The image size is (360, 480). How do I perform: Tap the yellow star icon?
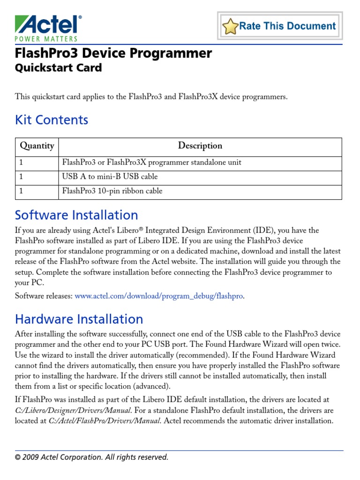(x=230, y=27)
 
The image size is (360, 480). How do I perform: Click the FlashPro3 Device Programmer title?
(x=113, y=53)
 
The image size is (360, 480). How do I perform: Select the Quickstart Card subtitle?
(x=58, y=68)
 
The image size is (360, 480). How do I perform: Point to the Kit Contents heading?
(x=52, y=120)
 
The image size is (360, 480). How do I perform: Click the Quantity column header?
(x=37, y=146)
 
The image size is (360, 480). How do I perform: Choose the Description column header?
(x=200, y=146)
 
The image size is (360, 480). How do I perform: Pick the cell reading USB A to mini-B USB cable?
(x=110, y=177)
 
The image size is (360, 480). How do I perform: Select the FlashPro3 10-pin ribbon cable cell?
(x=112, y=191)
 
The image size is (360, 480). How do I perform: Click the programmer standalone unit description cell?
(x=152, y=163)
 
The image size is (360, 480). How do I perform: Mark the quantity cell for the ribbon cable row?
(x=37, y=191)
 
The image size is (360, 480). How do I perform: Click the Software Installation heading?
(x=76, y=215)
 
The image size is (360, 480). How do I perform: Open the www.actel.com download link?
(x=159, y=296)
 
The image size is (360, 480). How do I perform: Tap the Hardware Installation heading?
(x=79, y=319)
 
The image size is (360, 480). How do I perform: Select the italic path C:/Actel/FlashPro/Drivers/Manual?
(x=105, y=420)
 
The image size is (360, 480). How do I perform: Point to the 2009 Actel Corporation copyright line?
(x=91, y=457)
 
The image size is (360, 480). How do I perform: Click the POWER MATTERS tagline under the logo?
(x=46, y=39)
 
